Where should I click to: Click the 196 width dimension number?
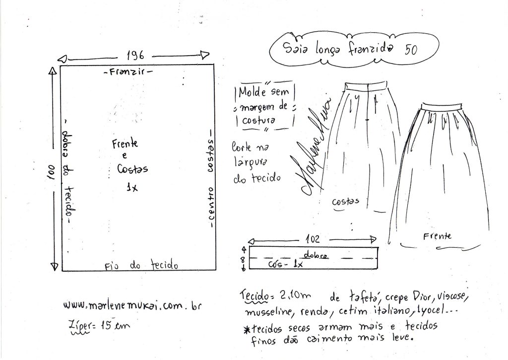pos(135,56)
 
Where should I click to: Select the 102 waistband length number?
pos(313,239)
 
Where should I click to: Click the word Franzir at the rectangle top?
pos(127,72)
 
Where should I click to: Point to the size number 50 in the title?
pos(411,49)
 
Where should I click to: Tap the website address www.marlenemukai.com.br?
pos(132,305)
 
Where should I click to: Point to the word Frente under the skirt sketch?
pos(437,236)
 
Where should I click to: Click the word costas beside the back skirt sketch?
pos(345,202)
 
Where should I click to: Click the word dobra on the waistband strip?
pos(316,255)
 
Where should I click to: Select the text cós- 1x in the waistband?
pos(285,264)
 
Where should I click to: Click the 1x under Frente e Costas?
pos(132,187)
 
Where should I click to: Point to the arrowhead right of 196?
pos(205,55)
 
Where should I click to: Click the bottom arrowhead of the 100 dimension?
pos(55,267)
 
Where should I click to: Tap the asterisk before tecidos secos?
pos(247,330)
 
